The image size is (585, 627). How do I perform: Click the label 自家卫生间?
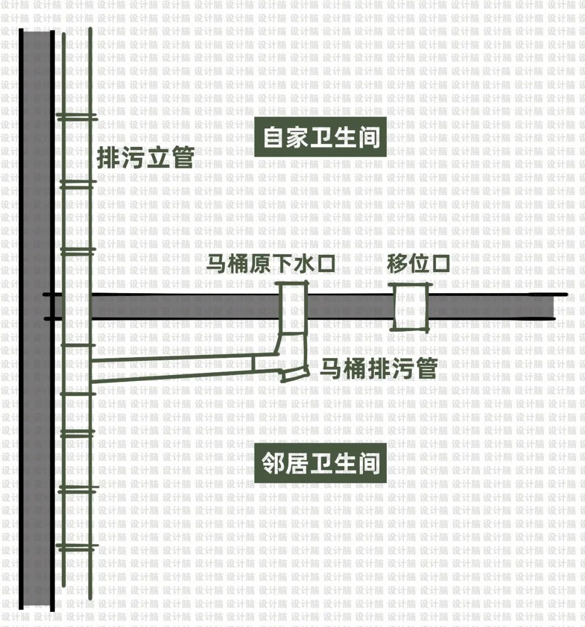coord(321,138)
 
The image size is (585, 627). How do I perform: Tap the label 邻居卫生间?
coord(321,464)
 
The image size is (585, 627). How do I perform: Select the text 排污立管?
coord(145,158)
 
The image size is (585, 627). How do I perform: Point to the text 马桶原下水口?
coord(270,264)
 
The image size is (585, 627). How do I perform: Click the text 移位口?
coord(418,264)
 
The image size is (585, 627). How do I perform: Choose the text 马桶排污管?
coord(379,369)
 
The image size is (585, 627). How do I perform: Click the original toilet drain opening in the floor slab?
coord(293,306)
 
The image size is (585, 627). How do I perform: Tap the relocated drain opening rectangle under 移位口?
coord(411,307)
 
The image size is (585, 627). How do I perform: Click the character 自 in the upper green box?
coord(274,138)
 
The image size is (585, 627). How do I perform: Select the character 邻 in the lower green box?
coord(274,464)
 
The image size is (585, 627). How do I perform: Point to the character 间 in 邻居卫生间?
coord(369,464)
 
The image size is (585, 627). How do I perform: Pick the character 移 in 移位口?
coord(398,264)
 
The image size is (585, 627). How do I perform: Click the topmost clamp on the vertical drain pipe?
coord(76,117)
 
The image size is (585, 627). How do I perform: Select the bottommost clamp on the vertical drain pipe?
coord(76,547)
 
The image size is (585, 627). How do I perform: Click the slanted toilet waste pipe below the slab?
coord(173,367)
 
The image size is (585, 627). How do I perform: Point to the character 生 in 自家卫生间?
coord(345,138)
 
